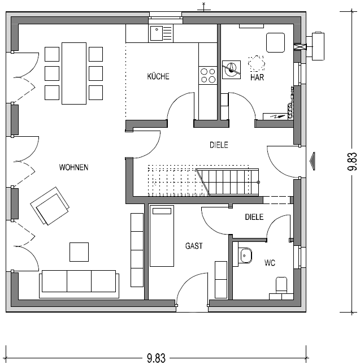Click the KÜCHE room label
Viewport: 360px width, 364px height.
[158, 77]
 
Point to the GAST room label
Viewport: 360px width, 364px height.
[194, 246]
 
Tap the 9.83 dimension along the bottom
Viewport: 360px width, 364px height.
[156, 357]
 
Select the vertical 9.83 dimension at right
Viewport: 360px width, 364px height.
[352, 161]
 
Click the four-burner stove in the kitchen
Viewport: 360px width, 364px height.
[208, 75]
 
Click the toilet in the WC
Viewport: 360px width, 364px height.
[281, 285]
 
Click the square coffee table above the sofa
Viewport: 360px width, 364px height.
[79, 252]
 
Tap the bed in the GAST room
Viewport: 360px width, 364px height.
[162, 236]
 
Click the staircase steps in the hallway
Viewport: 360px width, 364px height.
[226, 181]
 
